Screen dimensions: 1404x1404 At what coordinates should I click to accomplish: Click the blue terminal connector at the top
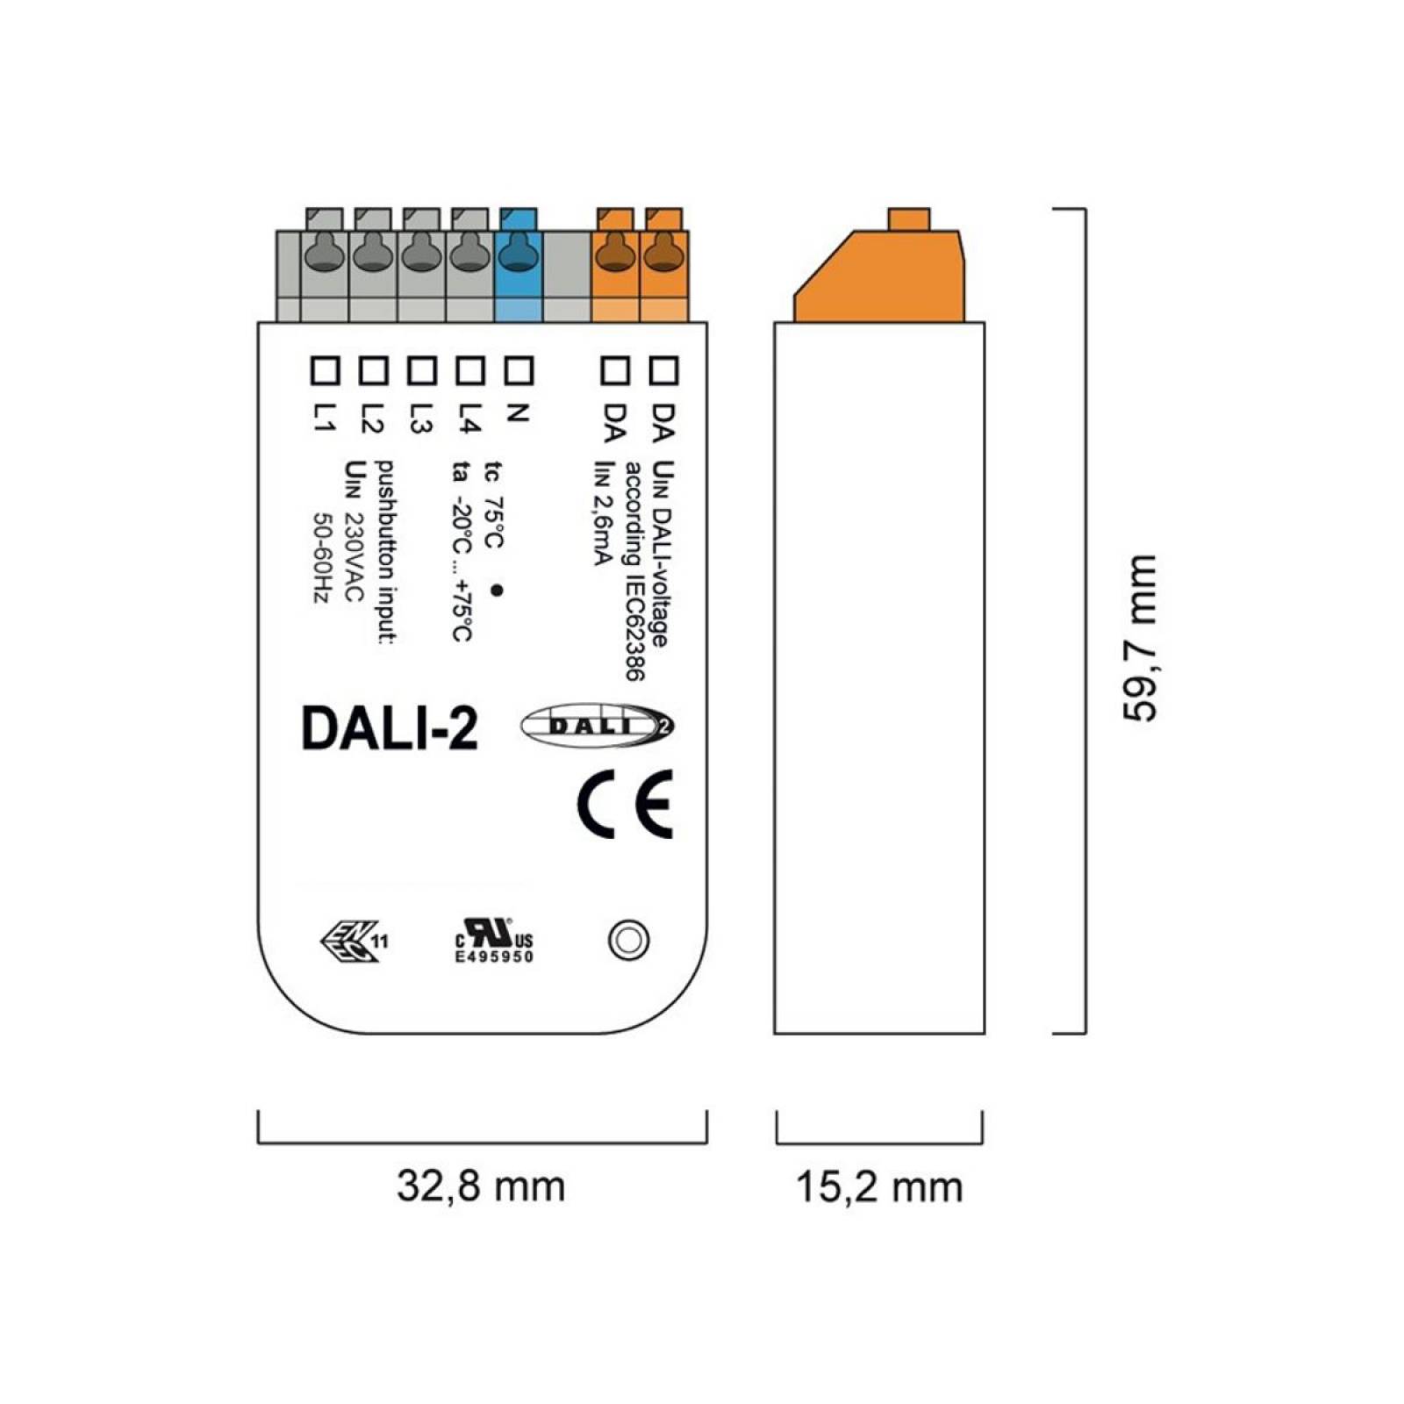point(518,264)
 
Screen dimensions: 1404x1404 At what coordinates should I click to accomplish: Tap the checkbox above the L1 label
point(326,370)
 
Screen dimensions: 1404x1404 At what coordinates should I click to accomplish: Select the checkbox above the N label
point(519,370)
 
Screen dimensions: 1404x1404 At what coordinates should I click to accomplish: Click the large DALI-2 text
point(390,727)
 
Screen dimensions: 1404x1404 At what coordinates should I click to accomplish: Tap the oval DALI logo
point(598,726)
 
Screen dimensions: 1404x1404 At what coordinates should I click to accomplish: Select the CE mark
point(626,804)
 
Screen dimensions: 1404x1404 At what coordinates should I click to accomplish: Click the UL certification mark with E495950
point(493,942)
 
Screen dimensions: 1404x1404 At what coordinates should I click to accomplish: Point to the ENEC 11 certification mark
point(354,942)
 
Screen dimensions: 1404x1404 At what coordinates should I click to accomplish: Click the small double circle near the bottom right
point(628,941)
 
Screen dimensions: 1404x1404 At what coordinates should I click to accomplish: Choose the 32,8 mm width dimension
point(481,1186)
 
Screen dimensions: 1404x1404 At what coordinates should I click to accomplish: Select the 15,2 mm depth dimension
point(879,1186)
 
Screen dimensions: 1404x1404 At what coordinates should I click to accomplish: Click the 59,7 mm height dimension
point(1140,638)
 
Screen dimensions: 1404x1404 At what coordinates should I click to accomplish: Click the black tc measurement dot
point(496,591)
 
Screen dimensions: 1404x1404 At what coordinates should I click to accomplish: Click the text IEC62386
point(634,624)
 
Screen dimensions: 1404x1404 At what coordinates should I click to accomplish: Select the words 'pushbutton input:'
point(384,552)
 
